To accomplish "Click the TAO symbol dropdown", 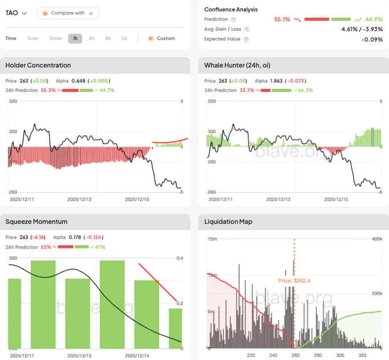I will coord(16,13).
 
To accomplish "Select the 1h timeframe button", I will coord(75,38).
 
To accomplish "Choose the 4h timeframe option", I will coord(92,38).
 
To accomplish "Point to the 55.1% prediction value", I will coord(282,19).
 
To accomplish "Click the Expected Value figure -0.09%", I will coord(372,39).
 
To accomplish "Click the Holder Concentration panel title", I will coord(38,65).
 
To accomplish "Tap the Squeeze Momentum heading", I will coord(36,222).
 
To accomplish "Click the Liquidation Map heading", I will coord(228,222).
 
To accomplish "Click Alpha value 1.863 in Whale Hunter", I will coord(277,81).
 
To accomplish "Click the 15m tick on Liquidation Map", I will coord(211,238).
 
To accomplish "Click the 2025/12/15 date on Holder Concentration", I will coord(137,199).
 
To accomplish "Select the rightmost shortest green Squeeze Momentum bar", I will coord(175,328).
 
